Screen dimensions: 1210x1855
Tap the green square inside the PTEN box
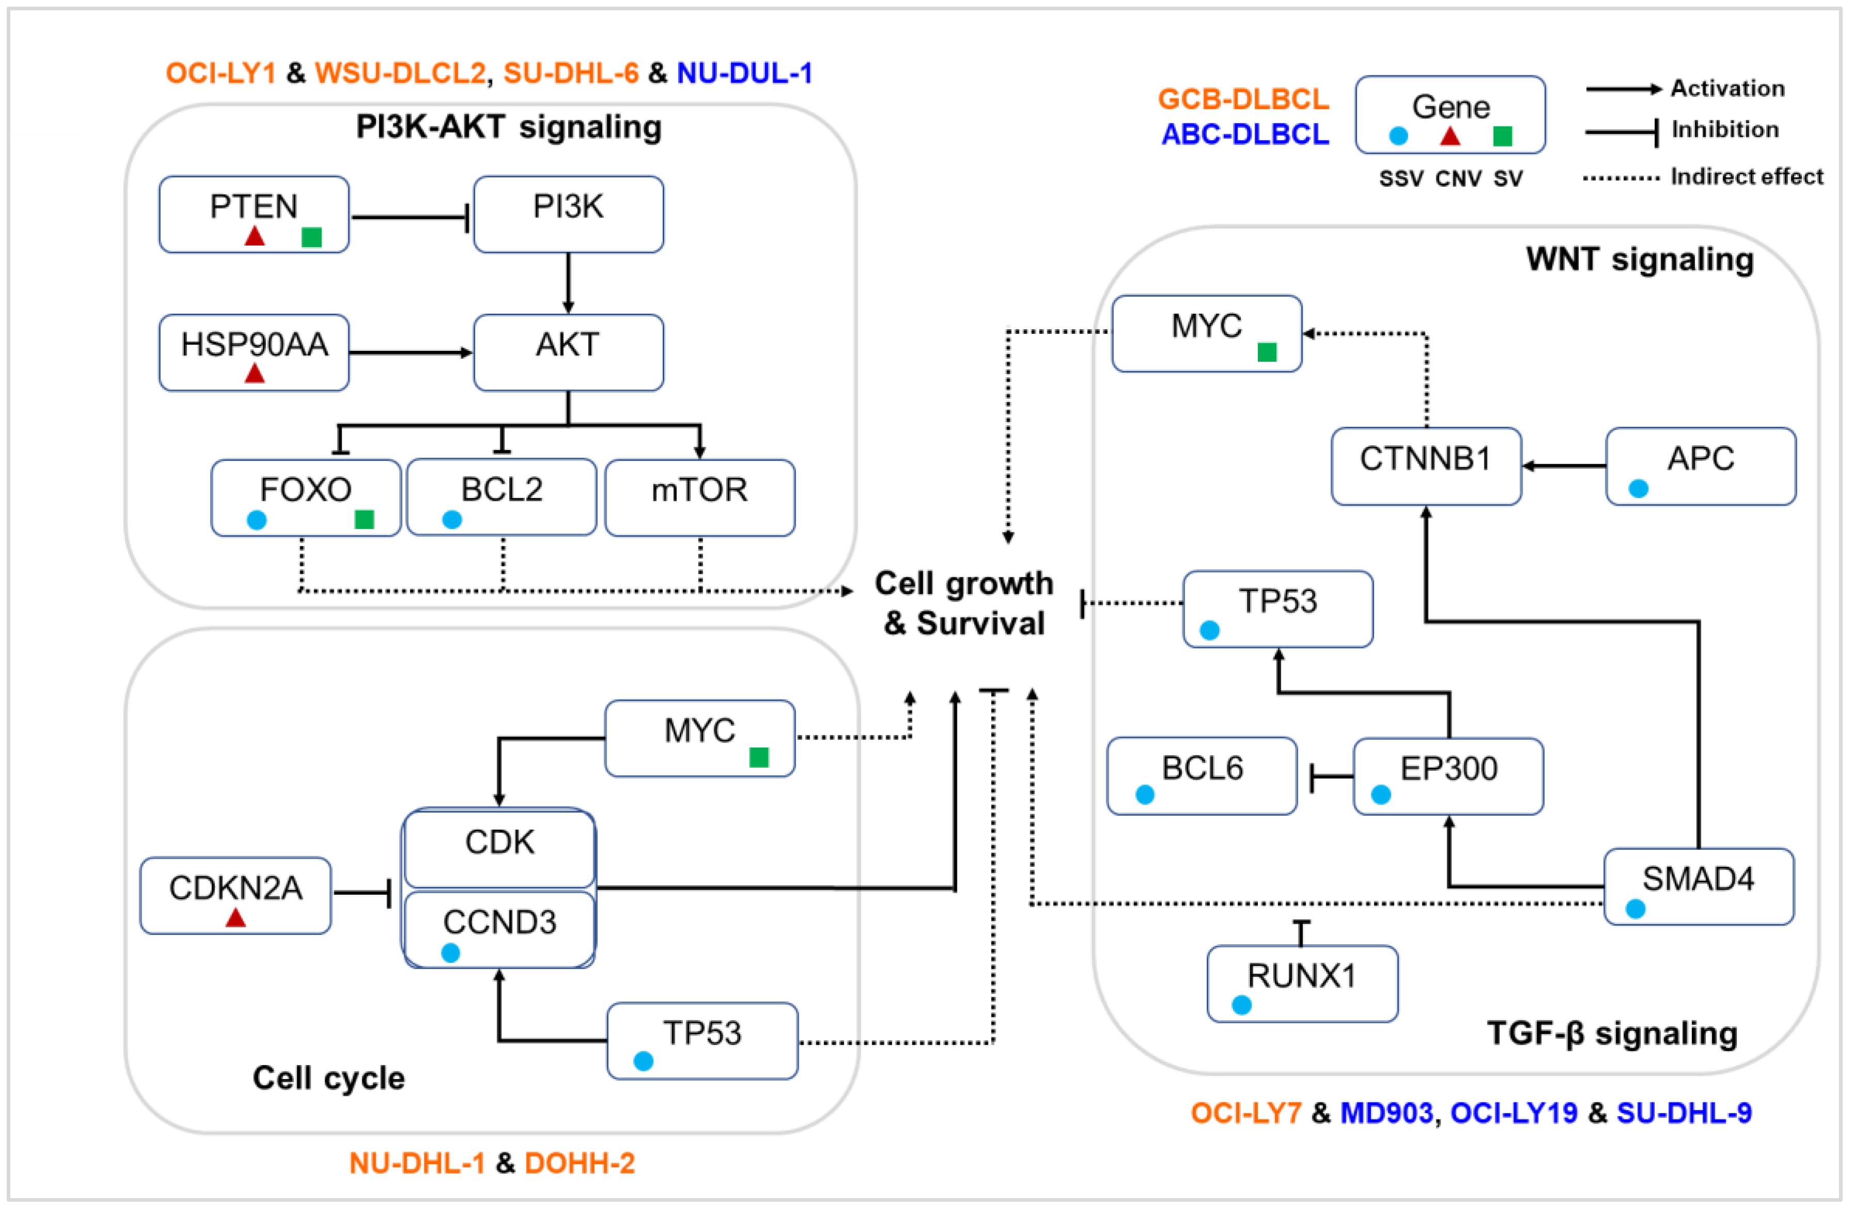[312, 237]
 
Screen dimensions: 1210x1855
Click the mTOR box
[699, 497]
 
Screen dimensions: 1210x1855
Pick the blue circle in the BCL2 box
[452, 520]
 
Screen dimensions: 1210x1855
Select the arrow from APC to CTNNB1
[1563, 466]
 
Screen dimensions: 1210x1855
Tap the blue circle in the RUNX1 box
[1242, 1005]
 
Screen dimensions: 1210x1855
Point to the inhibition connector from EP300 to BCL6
[1332, 777]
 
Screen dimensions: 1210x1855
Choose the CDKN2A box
[235, 894]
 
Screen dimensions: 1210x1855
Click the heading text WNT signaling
[1639, 260]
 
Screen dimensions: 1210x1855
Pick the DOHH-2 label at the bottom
[580, 1163]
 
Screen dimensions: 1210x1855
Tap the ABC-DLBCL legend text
[1245, 135]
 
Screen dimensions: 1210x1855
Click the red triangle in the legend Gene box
[1450, 136]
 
